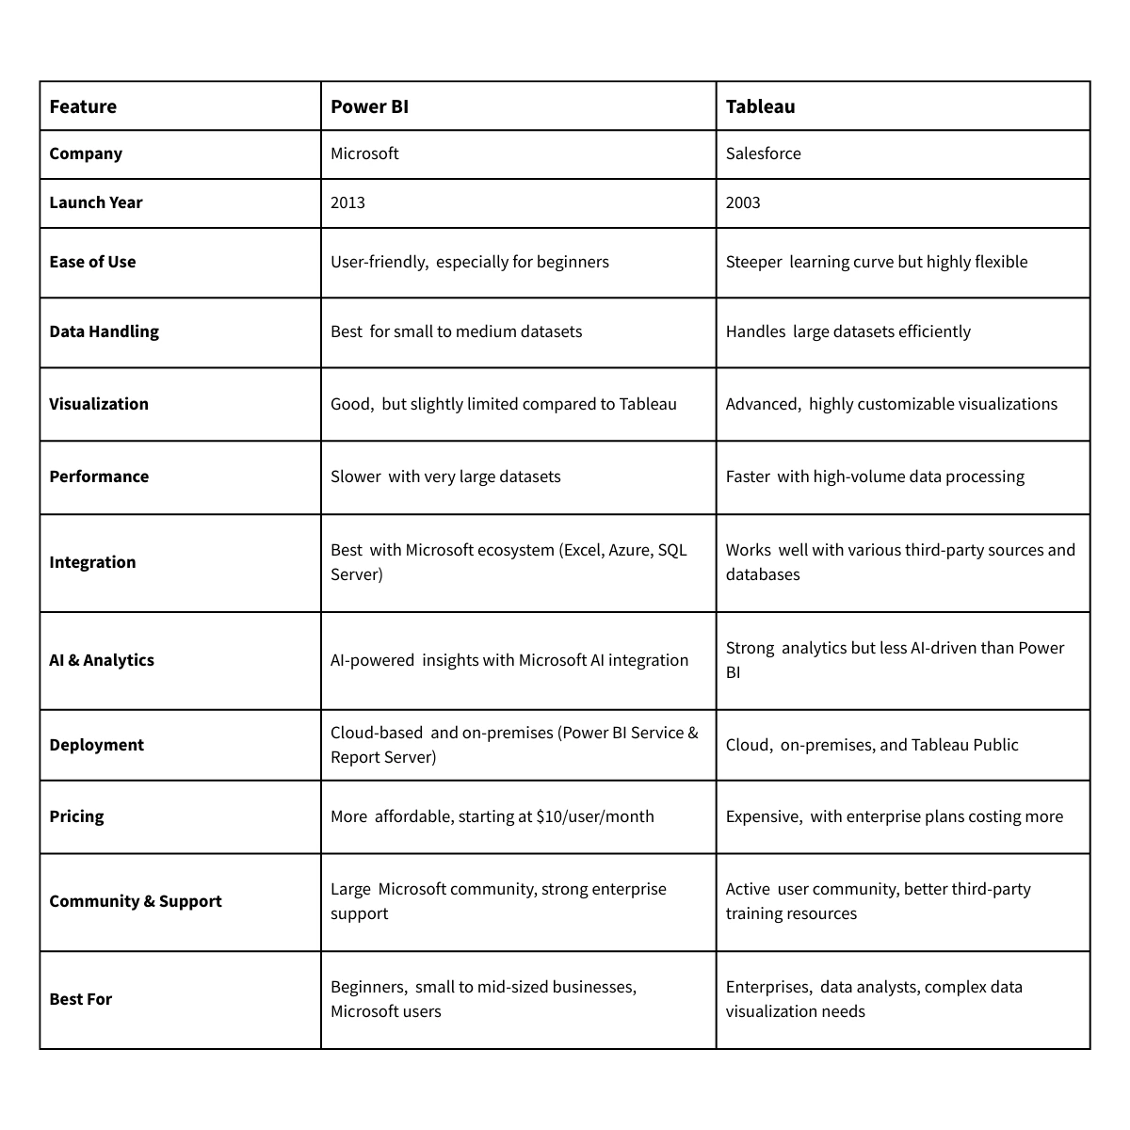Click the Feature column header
coord(83,106)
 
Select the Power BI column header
coord(369,106)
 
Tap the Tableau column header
coord(760,106)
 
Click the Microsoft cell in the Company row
coord(364,153)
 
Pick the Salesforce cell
coord(763,153)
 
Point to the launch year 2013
coord(347,202)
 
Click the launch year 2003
coord(743,202)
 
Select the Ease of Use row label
coord(92,262)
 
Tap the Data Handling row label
coord(104,331)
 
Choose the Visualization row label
coord(99,404)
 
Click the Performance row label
coord(99,476)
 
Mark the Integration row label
coord(92,562)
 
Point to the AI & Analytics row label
coord(102,660)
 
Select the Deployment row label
coord(96,745)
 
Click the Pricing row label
coord(76,816)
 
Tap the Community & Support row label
coord(136,901)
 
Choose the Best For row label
coord(80,999)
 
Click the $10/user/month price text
coord(594,816)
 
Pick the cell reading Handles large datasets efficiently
coord(847,331)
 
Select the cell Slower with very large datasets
coord(445,476)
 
